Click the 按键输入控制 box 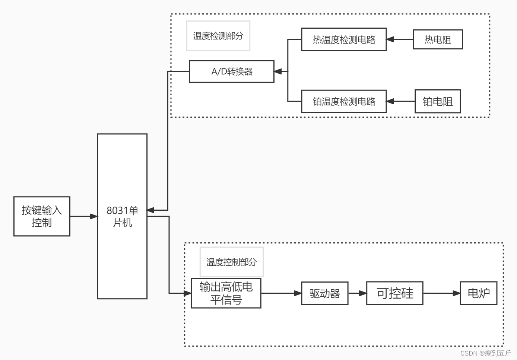(42, 216)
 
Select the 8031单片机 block (122, 216)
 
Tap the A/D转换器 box (232, 71)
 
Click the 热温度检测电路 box (344, 39)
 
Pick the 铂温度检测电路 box (344, 101)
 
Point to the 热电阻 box (438, 39)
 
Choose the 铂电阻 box (438, 101)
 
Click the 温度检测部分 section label (218, 36)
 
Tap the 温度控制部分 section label (232, 262)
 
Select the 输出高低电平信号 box (226, 293)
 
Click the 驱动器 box (325, 293)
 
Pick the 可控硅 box (395, 293)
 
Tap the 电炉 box (479, 293)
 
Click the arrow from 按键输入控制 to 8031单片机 (84, 216)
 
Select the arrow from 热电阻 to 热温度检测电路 (400, 39)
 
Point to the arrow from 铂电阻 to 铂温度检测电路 (401, 101)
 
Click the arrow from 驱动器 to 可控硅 (358, 293)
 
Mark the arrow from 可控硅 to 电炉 (442, 293)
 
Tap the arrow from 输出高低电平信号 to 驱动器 (281, 293)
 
